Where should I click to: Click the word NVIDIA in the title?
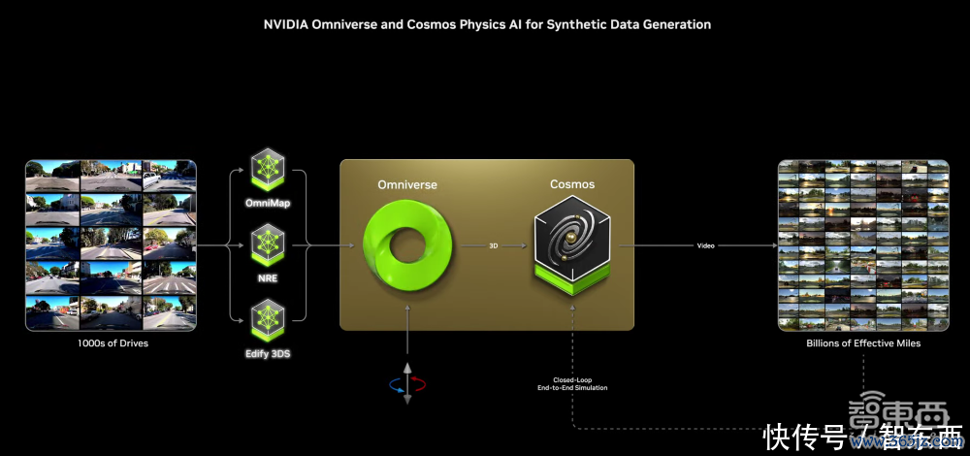[x=288, y=24]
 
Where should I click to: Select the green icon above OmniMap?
[x=268, y=169]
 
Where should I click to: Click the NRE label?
[x=268, y=277]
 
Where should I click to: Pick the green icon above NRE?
[x=268, y=244]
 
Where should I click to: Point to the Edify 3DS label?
[x=268, y=353]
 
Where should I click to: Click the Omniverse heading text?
[x=407, y=184]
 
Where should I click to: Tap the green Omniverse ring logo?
[x=407, y=247]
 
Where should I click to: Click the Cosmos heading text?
[x=572, y=184]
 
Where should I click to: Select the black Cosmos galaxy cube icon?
[x=572, y=243]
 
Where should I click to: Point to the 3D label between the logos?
[x=494, y=245]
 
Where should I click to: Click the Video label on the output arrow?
[x=705, y=245]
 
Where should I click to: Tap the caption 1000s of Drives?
[x=111, y=343]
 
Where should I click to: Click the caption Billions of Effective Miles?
[x=863, y=343]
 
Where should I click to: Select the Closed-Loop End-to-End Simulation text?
[x=572, y=383]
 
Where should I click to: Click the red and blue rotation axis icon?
[x=407, y=385]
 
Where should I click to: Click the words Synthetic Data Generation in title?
[x=633, y=24]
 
